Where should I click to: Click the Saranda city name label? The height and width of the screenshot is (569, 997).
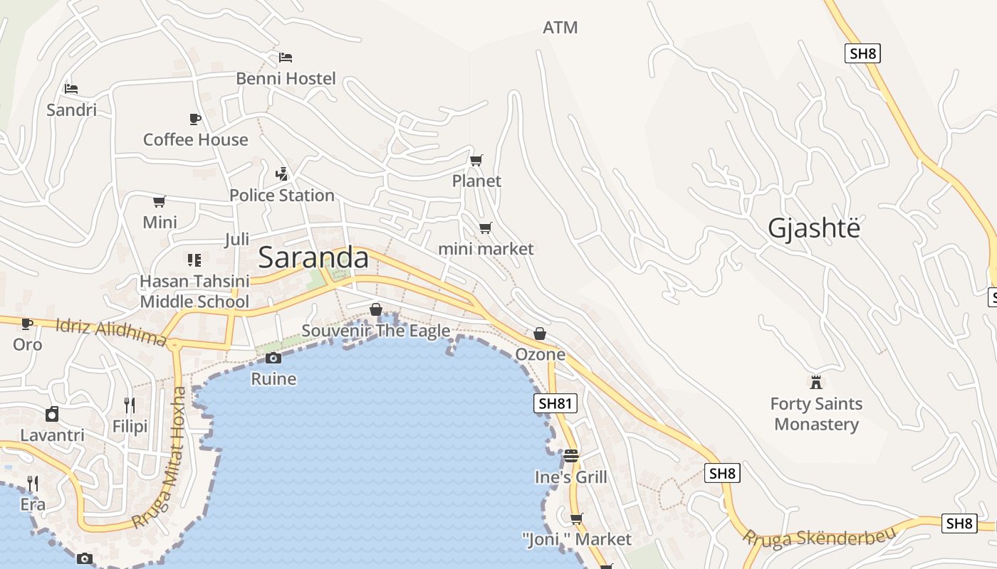[313, 257]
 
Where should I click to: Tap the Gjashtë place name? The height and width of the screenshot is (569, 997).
[814, 228]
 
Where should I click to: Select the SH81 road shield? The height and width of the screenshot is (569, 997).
[555, 404]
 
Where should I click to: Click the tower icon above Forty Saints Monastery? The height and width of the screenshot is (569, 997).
[816, 382]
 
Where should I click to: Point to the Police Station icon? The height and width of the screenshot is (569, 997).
[282, 174]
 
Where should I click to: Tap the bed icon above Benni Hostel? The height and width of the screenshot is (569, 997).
[286, 57]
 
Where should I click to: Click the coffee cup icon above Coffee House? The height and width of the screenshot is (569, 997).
[195, 119]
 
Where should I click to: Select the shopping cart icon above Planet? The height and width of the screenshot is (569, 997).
[476, 161]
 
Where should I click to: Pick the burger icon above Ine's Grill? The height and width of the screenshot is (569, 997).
[571, 455]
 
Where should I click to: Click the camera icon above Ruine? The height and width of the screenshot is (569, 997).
[273, 358]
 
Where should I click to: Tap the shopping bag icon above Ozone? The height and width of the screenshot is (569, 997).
[540, 334]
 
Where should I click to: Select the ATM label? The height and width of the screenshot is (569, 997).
[560, 28]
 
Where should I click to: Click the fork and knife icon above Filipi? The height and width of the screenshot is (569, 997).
[129, 405]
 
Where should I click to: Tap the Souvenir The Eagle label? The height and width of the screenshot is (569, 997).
[376, 331]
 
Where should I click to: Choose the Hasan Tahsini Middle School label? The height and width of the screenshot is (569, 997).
[194, 292]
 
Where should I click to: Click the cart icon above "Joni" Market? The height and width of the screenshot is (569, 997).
[576, 518]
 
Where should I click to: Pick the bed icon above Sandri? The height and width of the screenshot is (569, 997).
[71, 89]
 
